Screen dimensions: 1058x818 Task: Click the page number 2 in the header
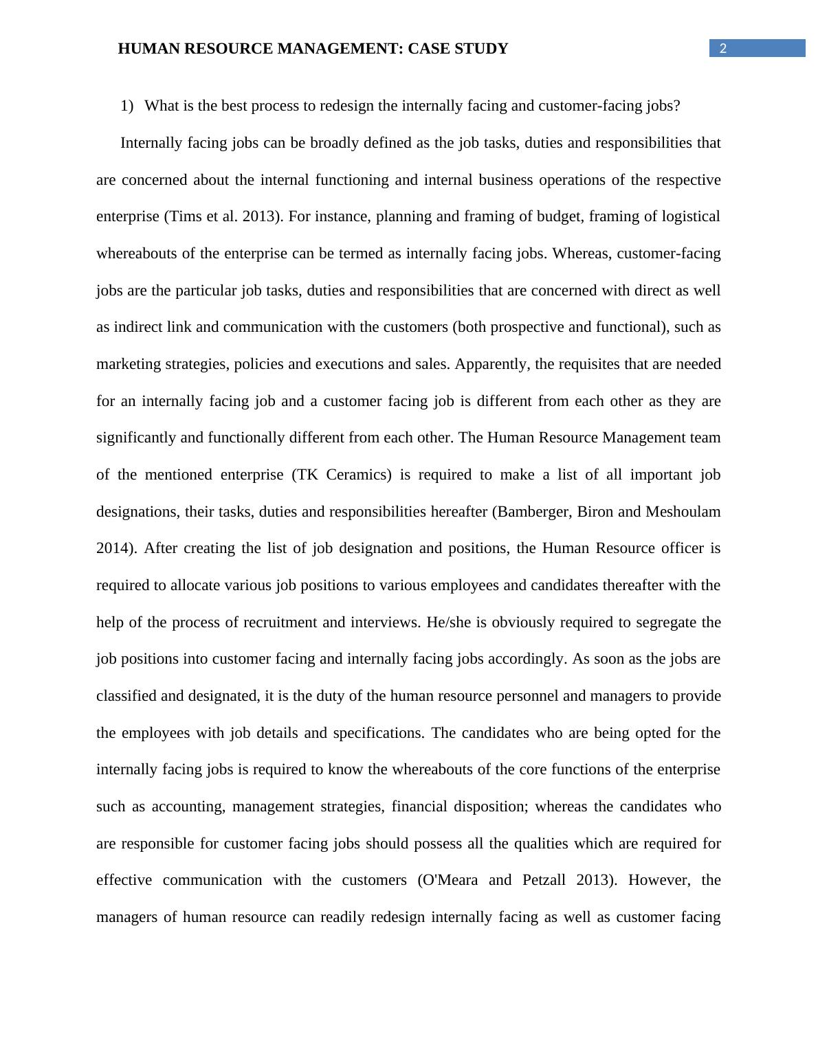(723, 48)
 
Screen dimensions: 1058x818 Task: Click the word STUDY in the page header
(480, 49)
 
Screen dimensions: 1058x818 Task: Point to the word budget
(544, 216)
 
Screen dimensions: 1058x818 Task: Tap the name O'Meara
(447, 880)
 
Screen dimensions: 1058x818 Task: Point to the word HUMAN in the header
(146, 49)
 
